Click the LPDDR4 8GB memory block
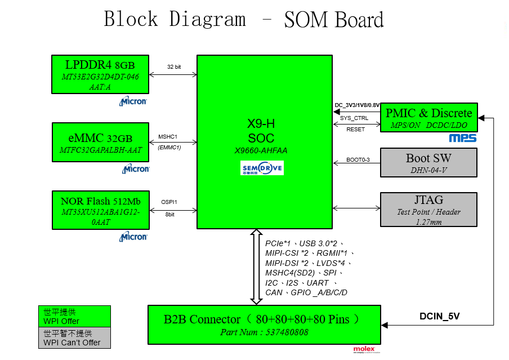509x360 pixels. (100, 74)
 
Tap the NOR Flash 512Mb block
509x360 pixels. (100, 210)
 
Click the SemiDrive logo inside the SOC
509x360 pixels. (262, 168)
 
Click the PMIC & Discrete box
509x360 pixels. (429, 118)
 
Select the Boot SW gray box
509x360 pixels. (428, 163)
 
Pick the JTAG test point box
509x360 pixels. (428, 210)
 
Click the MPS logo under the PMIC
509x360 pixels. (462, 138)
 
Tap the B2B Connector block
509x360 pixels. (264, 325)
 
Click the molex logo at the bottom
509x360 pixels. (364, 349)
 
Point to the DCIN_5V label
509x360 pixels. (440, 316)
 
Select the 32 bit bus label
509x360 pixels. (174, 66)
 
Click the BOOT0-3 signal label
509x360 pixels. (358, 160)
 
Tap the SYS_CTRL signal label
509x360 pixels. (354, 118)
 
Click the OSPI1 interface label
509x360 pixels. (169, 202)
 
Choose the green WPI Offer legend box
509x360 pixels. (74, 317)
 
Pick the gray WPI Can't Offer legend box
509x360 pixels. (74, 338)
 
